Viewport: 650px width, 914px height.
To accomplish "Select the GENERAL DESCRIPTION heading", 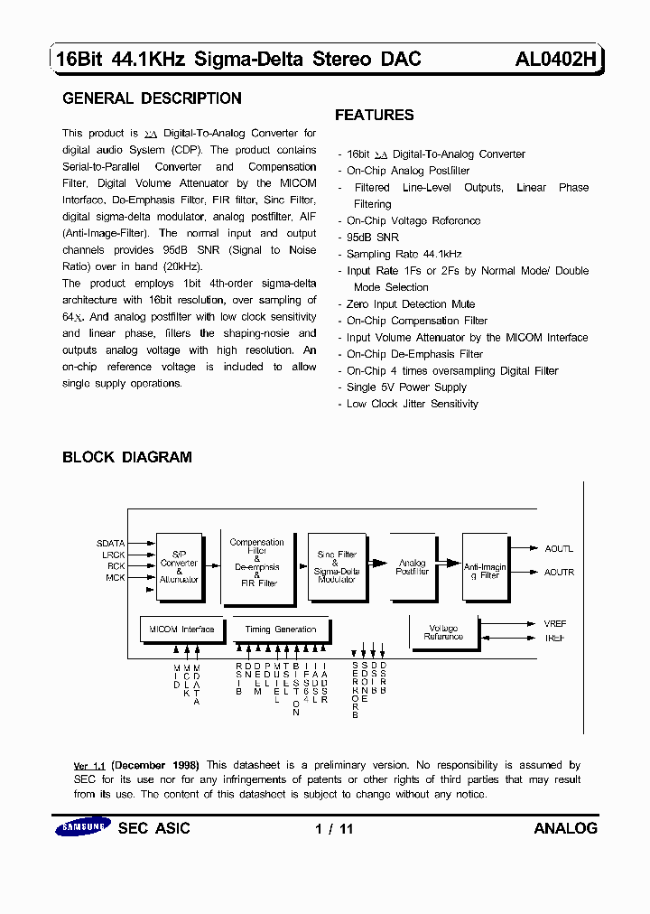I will (x=152, y=98).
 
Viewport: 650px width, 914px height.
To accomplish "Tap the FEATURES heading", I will (x=374, y=115).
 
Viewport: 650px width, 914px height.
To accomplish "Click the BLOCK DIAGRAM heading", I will (x=126, y=457).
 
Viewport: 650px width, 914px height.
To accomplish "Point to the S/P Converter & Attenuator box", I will (x=179, y=567).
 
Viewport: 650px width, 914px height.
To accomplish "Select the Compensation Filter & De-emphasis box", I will (x=257, y=564).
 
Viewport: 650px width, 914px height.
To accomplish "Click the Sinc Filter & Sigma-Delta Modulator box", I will (x=337, y=565).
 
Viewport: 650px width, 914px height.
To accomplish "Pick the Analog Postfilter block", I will (x=412, y=566).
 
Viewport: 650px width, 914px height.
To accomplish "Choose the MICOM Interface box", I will (x=181, y=630).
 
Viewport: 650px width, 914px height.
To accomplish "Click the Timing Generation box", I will (x=281, y=630).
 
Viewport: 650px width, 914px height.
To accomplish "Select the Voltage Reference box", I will (x=443, y=632).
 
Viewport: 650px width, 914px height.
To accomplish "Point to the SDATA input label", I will (x=111, y=544).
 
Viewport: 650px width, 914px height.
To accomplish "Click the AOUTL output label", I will (x=559, y=549).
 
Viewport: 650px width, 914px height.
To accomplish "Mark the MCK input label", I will (x=116, y=578).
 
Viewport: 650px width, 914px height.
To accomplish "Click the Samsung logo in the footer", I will (x=82, y=828).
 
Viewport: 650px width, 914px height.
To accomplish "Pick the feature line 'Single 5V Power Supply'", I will (x=406, y=387).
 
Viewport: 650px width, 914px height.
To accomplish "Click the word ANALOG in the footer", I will (x=565, y=828).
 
